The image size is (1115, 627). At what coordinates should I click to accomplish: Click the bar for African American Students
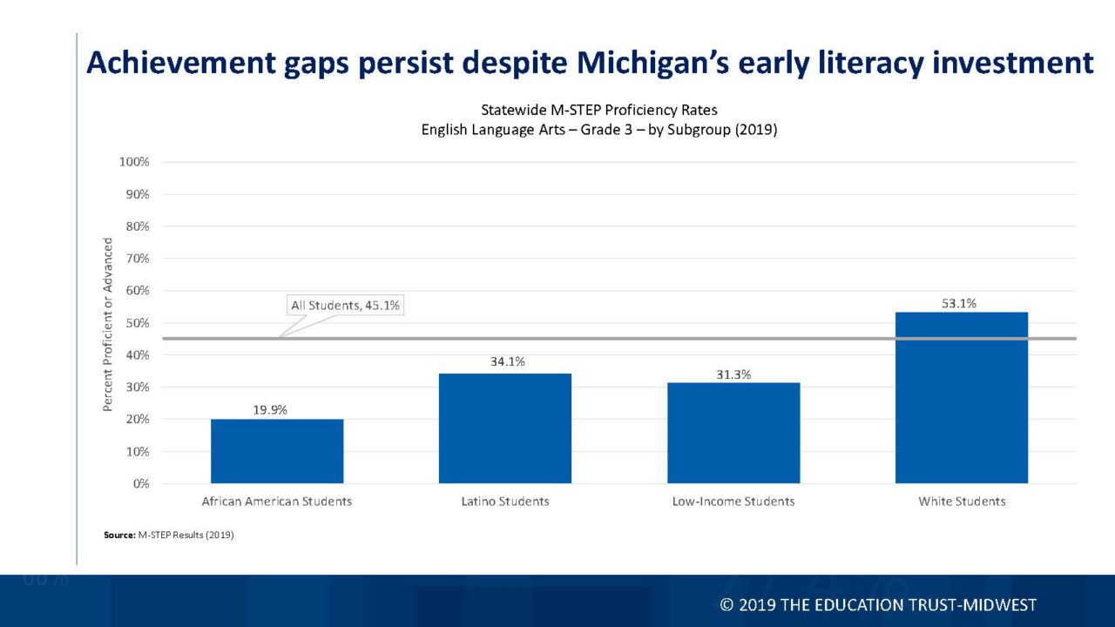pyautogui.click(x=277, y=451)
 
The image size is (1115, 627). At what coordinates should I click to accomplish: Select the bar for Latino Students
pyautogui.click(x=505, y=428)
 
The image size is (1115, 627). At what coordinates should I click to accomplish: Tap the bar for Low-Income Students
pyautogui.click(x=733, y=433)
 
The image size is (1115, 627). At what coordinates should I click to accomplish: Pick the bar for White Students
pyautogui.click(x=962, y=397)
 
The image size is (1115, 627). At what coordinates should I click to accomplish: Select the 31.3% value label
pyautogui.click(x=733, y=374)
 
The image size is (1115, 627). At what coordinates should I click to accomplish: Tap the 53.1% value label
pyautogui.click(x=959, y=304)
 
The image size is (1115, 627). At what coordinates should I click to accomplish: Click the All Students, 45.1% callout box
pyautogui.click(x=346, y=306)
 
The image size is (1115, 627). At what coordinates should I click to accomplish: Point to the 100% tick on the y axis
pyautogui.click(x=134, y=162)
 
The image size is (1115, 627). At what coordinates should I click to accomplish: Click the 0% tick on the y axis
pyautogui.click(x=139, y=483)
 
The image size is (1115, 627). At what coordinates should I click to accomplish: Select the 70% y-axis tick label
pyautogui.click(x=137, y=259)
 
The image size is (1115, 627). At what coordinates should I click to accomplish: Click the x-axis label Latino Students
pyautogui.click(x=505, y=502)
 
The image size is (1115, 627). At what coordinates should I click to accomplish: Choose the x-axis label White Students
pyautogui.click(x=962, y=502)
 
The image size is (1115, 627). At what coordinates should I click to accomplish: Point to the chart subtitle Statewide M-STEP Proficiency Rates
pyautogui.click(x=599, y=110)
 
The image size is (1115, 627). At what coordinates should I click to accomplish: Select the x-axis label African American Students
pyautogui.click(x=277, y=502)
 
